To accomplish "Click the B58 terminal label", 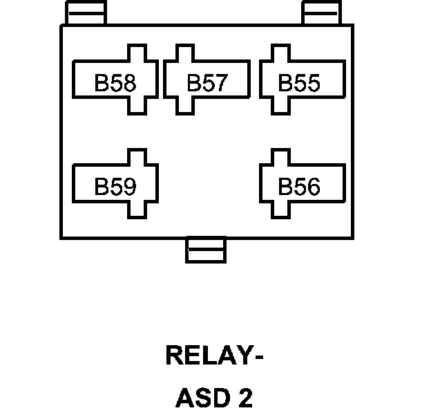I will pyautogui.click(x=115, y=84).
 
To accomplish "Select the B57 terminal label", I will pyautogui.click(x=207, y=84).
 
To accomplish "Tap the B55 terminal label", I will pyautogui.click(x=299, y=84).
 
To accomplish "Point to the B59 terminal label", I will pyautogui.click(x=115, y=187).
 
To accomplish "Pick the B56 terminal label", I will pyautogui.click(x=299, y=187).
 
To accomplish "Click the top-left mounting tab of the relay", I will pyautogui.click(x=86, y=13).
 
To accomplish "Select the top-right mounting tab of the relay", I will pyautogui.click(x=323, y=13).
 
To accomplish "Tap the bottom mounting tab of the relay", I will pyautogui.click(x=206, y=250).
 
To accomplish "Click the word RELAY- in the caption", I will pyautogui.click(x=215, y=356).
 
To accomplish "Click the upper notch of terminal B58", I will pyautogui.click(x=137, y=53).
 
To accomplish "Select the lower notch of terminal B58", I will pyautogui.click(x=137, y=105).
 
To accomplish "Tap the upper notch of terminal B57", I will pyautogui.click(x=184, y=53).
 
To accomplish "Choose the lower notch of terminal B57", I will pyautogui.click(x=184, y=105).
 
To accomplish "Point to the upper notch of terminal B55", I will pyautogui.click(x=279, y=53).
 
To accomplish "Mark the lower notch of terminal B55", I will pyautogui.click(x=279, y=105).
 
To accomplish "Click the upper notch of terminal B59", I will pyautogui.click(x=137, y=156).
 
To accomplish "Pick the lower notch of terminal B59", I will pyautogui.click(x=137, y=208).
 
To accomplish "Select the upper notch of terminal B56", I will pyautogui.click(x=279, y=156).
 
